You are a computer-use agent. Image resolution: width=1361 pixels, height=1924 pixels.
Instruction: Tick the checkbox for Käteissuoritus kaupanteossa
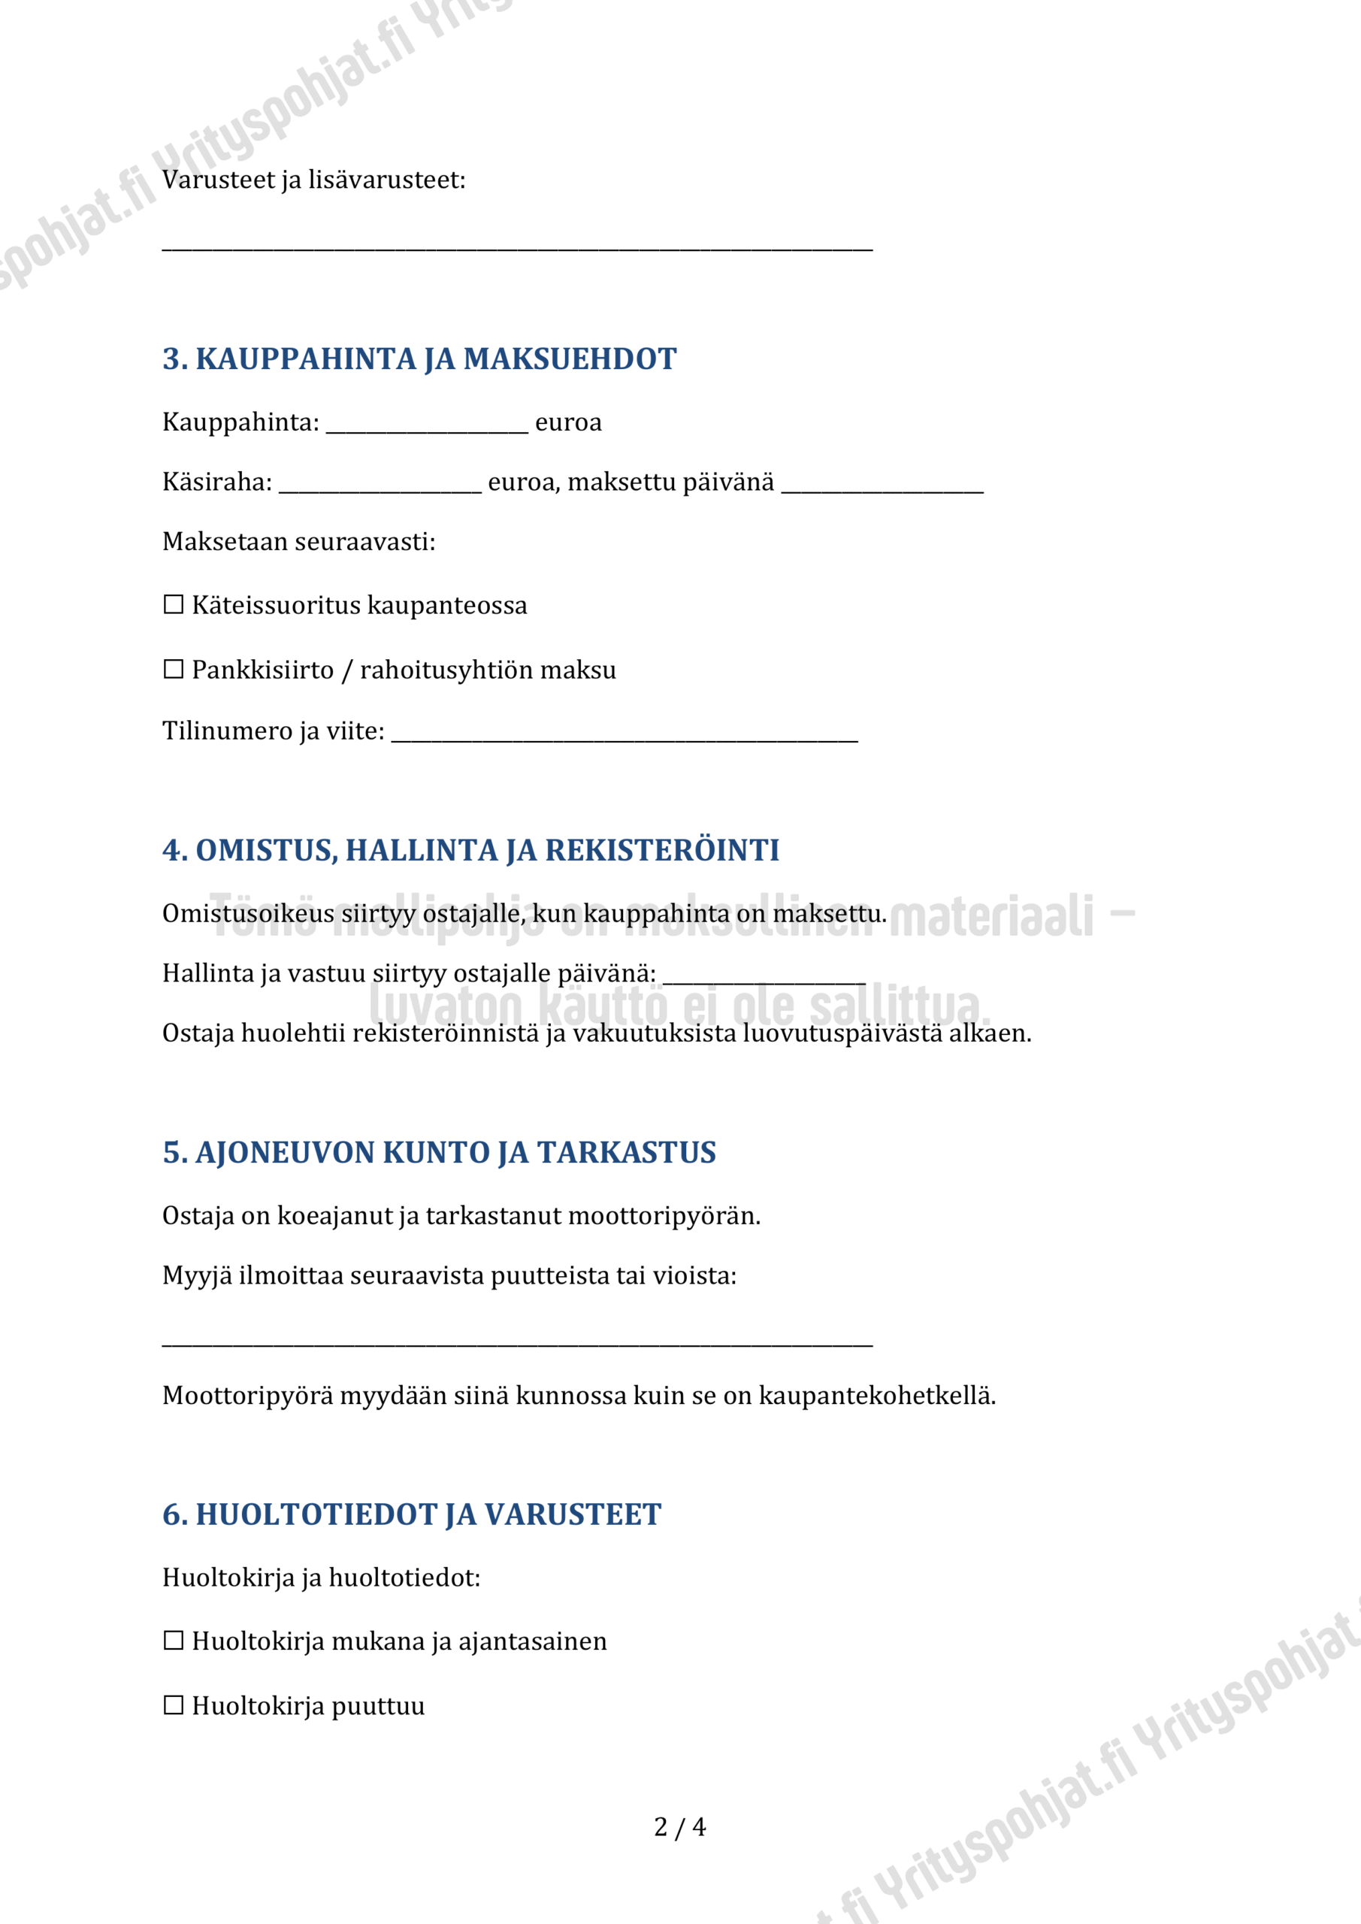tap(174, 604)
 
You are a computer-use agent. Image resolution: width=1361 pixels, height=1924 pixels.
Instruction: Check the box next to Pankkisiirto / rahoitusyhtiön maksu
tap(174, 669)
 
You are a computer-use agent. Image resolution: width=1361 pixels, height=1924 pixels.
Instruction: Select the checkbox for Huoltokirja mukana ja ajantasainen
tap(174, 1640)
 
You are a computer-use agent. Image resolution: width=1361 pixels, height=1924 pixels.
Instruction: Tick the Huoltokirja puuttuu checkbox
tap(174, 1705)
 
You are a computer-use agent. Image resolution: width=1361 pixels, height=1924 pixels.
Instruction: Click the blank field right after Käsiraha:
tap(380, 486)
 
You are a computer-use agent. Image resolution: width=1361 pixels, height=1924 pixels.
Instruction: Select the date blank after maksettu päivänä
tap(882, 486)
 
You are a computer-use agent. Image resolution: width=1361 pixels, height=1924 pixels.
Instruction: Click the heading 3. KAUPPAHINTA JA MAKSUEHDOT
tap(419, 358)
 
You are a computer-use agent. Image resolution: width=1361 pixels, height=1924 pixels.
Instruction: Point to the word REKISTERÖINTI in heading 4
tap(662, 850)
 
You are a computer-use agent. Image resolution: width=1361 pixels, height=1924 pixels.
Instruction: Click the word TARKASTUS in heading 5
tap(627, 1152)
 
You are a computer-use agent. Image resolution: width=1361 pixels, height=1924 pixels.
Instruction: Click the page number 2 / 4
tap(679, 1826)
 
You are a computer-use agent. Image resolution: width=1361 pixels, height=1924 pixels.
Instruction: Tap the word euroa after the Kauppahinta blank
tap(568, 422)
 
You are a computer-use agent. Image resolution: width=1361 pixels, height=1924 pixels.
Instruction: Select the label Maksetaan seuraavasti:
tap(299, 542)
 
